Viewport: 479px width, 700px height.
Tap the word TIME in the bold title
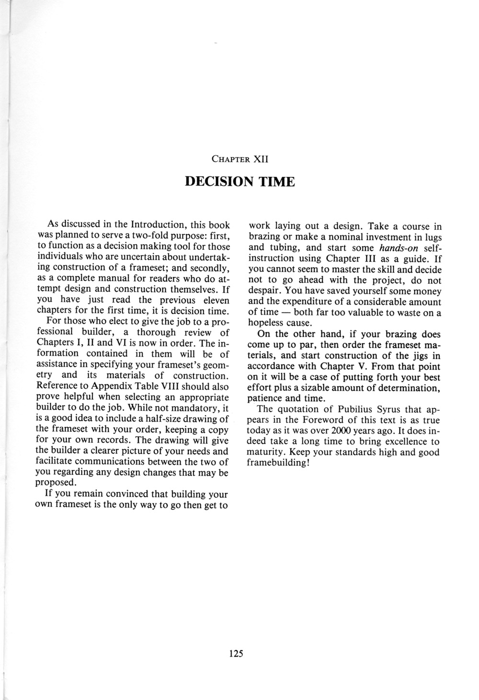(x=276, y=182)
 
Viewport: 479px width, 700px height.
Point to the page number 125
(x=237, y=653)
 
